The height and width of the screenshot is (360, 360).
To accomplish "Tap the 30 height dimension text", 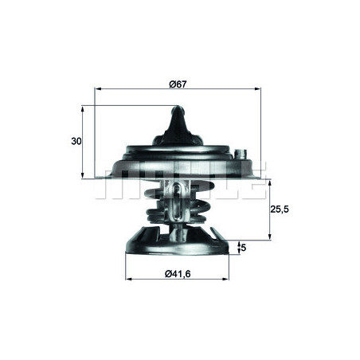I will [76, 141].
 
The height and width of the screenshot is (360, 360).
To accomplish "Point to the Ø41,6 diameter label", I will [180, 276].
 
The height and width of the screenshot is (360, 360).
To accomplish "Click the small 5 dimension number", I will [244, 248].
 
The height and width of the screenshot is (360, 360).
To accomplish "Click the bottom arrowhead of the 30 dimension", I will [83, 174].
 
